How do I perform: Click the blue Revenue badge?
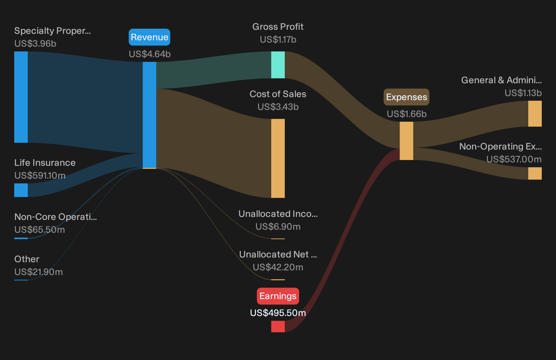(149, 37)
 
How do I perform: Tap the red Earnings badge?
(278, 296)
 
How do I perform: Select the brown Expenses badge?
(406, 97)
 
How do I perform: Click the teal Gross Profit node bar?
(278, 65)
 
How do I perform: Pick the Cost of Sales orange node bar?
(278, 158)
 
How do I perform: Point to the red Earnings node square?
(278, 326)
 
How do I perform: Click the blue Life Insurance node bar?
(21, 190)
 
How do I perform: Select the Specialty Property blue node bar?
(21, 97)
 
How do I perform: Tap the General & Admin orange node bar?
(535, 114)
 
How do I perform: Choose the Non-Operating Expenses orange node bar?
(535, 174)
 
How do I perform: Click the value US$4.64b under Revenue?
(150, 54)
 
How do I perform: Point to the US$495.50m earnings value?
(278, 313)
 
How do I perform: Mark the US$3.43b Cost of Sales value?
(278, 107)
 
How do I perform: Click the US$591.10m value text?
(40, 176)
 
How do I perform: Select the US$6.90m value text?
(278, 227)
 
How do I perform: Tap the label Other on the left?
(27, 259)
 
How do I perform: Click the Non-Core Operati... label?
(56, 217)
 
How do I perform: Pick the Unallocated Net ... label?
(278, 254)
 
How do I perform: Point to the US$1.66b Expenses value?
(407, 114)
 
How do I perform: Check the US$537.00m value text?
(514, 159)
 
